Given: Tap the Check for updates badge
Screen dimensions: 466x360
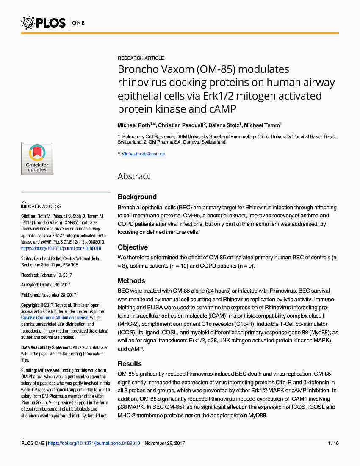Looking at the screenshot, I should pyautogui.click(x=37, y=159).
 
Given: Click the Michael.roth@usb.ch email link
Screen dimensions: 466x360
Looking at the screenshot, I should pyautogui.click(x=143, y=154).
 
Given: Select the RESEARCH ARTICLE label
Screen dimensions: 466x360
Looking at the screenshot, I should pyautogui.click(x=141, y=58).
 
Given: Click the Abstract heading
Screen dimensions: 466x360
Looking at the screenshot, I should pyautogui.click(x=133, y=176).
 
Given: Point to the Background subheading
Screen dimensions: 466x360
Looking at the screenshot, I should pyautogui.click(x=137, y=197).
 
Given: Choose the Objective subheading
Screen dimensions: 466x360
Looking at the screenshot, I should pyautogui.click(x=133, y=247).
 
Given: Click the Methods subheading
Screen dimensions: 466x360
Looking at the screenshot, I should pyautogui.click(x=131, y=280).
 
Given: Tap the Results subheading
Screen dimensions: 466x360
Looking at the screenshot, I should pyautogui.click(x=130, y=363).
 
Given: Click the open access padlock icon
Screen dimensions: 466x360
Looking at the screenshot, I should pyautogui.click(x=24, y=205).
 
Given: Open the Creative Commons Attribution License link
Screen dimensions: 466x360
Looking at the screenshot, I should pyautogui.click(x=55, y=318).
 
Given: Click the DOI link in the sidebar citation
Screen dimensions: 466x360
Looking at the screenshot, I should pyautogui.click(x=61, y=248).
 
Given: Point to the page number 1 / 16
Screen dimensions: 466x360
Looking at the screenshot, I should pyautogui.click(x=333, y=443).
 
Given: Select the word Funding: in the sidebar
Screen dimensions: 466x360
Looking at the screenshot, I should pyautogui.click(x=29, y=370).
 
